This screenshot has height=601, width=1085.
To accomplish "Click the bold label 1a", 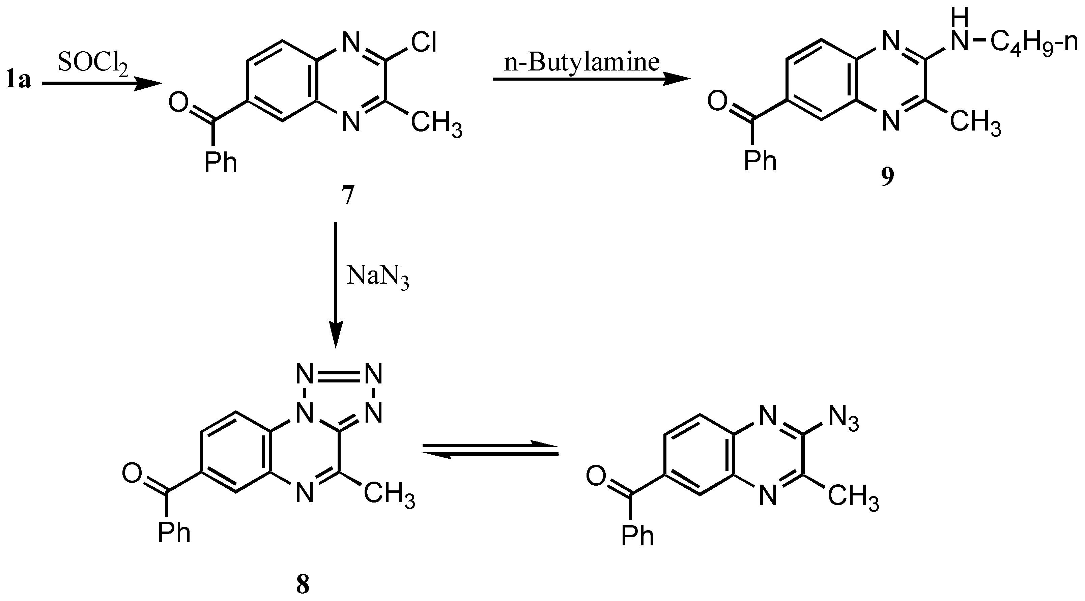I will (18, 80).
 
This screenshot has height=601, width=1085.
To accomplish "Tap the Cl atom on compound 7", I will (423, 43).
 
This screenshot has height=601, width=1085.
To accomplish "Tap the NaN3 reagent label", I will (377, 278).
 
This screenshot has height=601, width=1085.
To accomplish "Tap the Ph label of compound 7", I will (221, 162).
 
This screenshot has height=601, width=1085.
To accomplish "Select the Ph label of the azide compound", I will (638, 535).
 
